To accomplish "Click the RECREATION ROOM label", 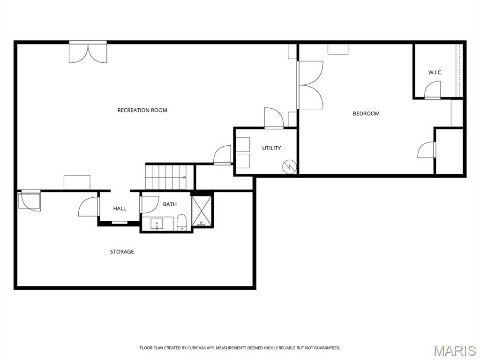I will [142, 111].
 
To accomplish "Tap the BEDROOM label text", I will [366, 113].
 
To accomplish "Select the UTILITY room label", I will [271, 148].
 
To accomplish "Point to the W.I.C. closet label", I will [435, 73].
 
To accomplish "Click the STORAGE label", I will [122, 252].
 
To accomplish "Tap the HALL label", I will [120, 209].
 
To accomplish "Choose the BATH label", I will [170, 204].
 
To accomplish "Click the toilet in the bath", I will [182, 222].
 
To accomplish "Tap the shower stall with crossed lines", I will [202, 211].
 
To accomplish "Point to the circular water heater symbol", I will [289, 166].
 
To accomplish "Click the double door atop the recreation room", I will [88, 52].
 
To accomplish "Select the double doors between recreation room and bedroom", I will [310, 85].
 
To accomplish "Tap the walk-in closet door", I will [433, 90].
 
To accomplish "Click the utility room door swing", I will [274, 118].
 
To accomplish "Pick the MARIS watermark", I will [454, 351].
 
